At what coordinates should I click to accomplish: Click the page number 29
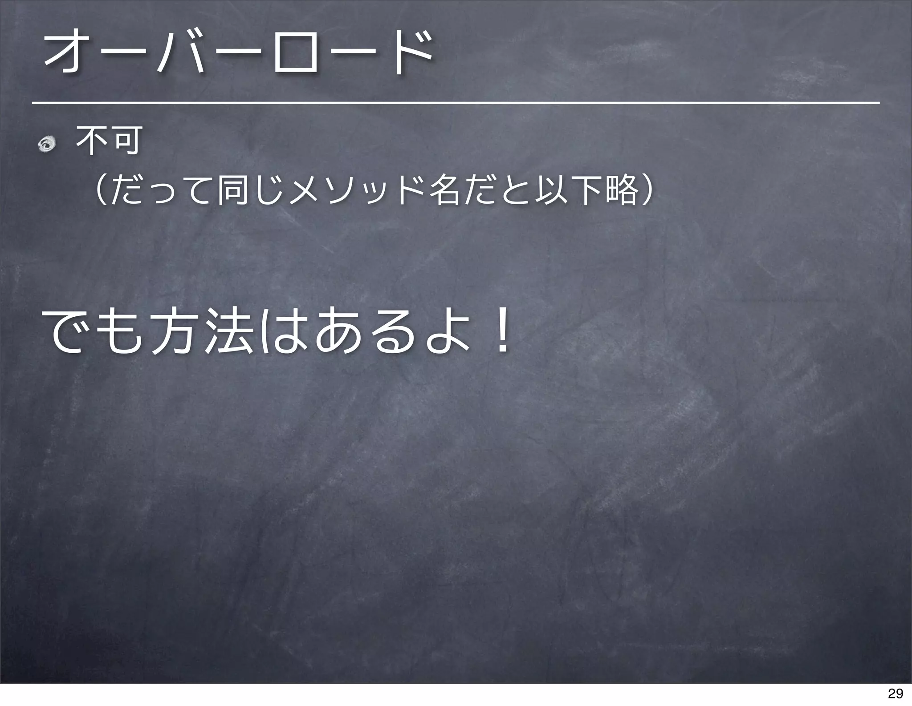(x=896, y=694)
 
